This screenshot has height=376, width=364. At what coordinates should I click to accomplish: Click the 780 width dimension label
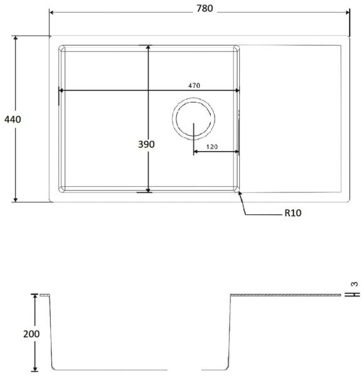click(205, 9)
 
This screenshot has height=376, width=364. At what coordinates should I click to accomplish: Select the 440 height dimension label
click(13, 119)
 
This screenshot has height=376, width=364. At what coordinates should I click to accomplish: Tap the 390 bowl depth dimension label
click(146, 144)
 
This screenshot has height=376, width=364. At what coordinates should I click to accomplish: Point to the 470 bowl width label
click(194, 85)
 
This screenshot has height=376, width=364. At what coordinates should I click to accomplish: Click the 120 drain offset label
click(211, 147)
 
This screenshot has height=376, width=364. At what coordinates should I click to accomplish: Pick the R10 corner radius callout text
click(292, 213)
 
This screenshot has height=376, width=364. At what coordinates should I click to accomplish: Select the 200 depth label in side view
click(31, 334)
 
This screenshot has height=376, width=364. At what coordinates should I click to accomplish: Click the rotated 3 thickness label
click(355, 284)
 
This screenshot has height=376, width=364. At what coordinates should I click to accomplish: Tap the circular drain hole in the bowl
click(193, 118)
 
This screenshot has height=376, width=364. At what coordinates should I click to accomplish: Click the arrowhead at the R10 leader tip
click(239, 193)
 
